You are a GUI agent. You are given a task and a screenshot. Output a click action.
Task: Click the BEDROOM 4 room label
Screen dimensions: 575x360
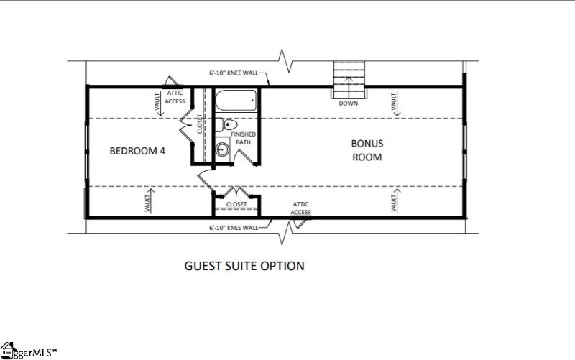137,151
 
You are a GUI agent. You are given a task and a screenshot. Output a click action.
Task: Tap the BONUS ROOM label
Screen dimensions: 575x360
367,150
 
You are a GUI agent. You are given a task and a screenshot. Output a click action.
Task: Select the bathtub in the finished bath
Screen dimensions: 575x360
236,101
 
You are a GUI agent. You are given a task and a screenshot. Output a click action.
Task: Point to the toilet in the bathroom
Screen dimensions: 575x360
226,124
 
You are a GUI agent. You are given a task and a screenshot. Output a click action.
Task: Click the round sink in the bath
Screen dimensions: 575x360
222,149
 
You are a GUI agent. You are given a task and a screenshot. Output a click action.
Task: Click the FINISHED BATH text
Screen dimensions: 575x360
243,138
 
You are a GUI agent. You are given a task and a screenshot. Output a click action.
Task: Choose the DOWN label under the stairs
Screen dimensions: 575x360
348,103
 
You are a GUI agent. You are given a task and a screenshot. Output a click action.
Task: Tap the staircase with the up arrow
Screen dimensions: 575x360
349,80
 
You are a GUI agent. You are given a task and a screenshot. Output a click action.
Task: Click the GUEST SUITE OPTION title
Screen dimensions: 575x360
244,266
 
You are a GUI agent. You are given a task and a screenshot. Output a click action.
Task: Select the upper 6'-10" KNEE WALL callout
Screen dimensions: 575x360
234,73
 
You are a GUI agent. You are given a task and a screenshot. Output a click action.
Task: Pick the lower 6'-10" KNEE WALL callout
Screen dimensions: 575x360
234,228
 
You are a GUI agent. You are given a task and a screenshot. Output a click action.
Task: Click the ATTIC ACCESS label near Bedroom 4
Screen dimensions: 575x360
175,97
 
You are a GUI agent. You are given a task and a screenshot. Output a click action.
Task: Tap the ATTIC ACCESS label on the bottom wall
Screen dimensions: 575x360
300,208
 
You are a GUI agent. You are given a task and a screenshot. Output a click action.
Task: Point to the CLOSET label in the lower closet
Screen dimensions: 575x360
236,204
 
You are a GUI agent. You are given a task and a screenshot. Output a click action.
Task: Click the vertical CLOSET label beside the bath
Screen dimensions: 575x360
200,124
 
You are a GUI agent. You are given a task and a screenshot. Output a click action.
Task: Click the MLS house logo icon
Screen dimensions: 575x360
8,350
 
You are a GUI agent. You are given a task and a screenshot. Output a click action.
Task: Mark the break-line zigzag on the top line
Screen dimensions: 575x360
285,61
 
